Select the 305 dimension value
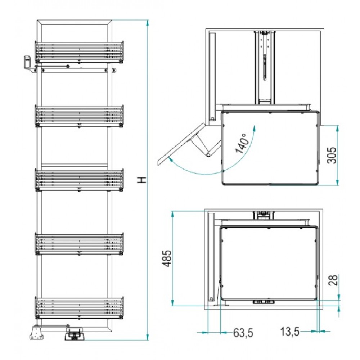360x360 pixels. coord(332,155)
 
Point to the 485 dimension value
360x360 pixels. coord(167,258)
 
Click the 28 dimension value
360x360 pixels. coord(333,280)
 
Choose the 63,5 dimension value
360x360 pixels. coord(243,333)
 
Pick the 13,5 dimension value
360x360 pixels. coord(290,332)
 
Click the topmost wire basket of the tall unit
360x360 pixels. coord(80,52)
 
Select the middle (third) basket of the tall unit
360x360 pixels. coord(80,180)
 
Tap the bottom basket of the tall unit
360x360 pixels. coord(80,308)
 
